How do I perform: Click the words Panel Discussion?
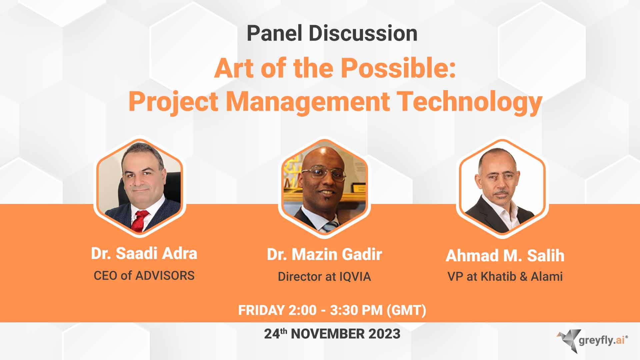[x=332, y=34]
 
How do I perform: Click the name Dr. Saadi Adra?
[x=144, y=254]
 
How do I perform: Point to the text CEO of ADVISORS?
[x=144, y=276]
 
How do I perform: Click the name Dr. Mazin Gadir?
[x=324, y=255]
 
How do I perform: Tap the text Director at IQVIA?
[x=324, y=277]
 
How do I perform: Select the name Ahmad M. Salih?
[x=505, y=256]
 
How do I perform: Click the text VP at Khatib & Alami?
[x=505, y=277]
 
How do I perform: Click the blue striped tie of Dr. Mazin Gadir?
[x=330, y=227]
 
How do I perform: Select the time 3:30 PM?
[x=356, y=310]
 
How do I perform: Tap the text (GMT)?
[x=406, y=310]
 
